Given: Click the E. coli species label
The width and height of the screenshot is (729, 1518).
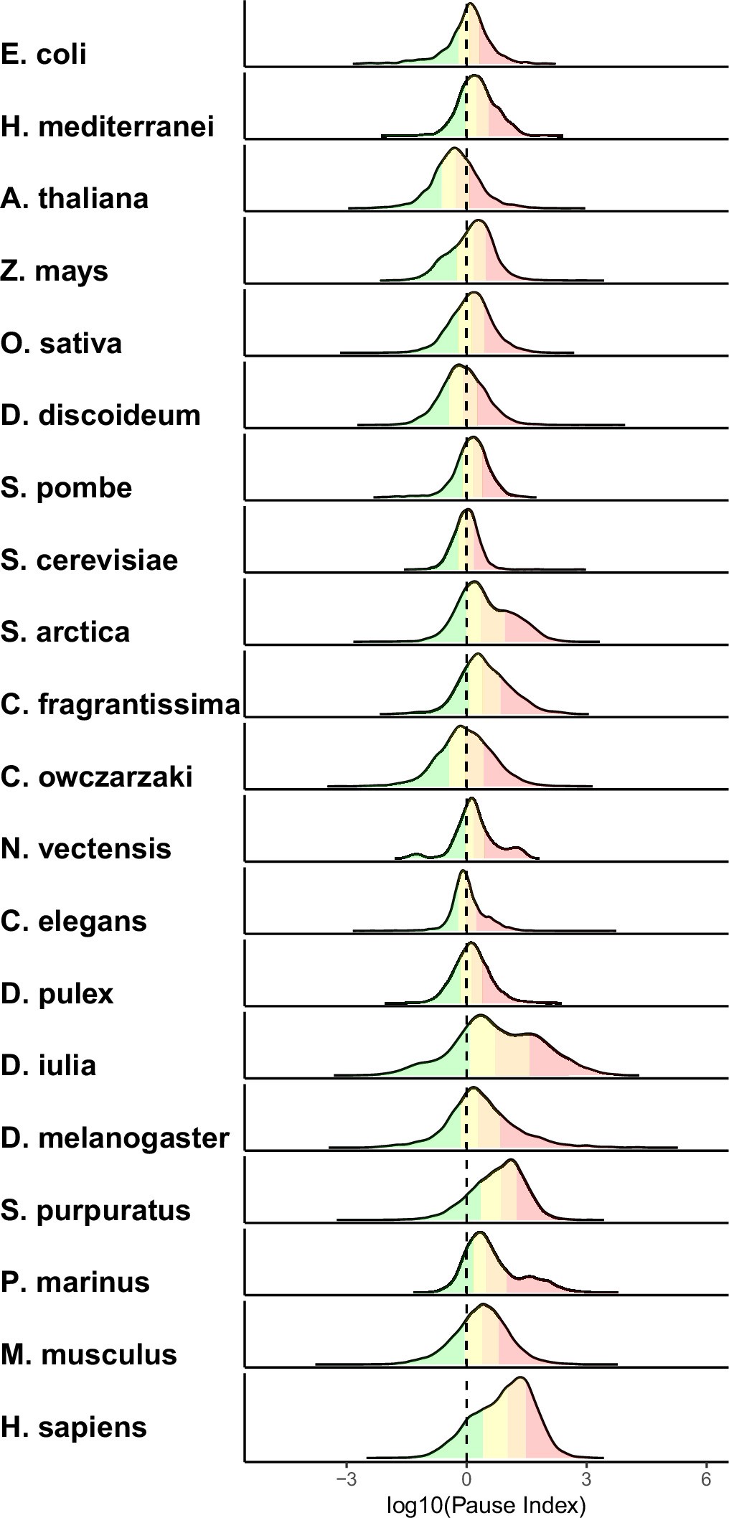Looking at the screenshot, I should (x=44, y=54).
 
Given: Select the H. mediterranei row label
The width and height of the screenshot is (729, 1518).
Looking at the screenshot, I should (x=108, y=126).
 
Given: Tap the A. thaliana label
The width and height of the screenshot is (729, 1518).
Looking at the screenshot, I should (x=75, y=198).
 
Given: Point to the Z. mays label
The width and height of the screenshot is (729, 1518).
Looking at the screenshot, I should (x=55, y=271).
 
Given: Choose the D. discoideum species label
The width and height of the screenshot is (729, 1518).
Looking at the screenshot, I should (x=100, y=415).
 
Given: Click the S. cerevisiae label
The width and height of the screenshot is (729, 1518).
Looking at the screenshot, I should (x=90, y=559).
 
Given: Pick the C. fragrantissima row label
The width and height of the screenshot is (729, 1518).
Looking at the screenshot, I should (x=120, y=705).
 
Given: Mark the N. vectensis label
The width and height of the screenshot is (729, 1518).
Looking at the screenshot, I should (x=86, y=849).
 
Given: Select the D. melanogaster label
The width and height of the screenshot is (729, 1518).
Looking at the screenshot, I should (x=115, y=1138).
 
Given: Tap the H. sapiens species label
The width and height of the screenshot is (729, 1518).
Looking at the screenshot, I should (x=74, y=1427).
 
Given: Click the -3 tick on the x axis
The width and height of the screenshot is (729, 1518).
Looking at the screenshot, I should (x=347, y=1480).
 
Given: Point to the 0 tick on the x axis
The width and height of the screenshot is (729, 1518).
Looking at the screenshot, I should (x=466, y=1480).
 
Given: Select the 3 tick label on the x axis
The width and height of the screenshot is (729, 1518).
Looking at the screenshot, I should (x=586, y=1480).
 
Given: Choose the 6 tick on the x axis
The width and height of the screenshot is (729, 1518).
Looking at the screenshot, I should (x=706, y=1480).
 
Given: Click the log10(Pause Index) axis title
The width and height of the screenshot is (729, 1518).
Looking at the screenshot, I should (x=486, y=1504).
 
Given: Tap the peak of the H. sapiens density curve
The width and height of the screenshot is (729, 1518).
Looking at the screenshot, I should (x=519, y=1377).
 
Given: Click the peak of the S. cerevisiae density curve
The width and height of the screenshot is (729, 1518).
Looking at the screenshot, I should (x=468, y=510).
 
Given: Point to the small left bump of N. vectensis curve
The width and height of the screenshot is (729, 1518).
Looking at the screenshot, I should (x=415, y=854).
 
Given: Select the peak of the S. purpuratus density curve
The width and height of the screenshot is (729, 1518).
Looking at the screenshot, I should (x=510, y=1160).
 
